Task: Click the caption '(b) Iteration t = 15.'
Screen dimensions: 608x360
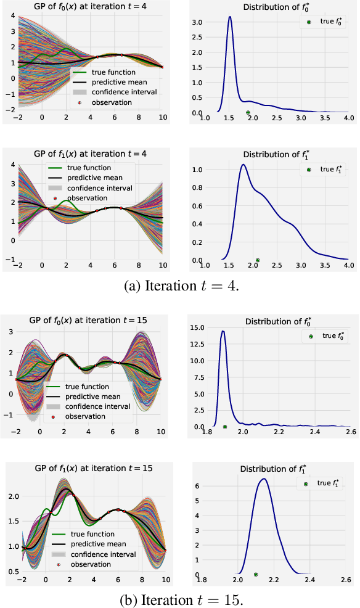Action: [x=180, y=599]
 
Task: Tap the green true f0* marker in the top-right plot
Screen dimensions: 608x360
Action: [x=248, y=112]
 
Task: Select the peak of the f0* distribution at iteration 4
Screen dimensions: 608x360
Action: [x=230, y=17]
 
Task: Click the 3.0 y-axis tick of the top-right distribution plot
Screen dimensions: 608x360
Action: [x=196, y=22]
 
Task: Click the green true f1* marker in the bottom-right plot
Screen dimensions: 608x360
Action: [x=256, y=573]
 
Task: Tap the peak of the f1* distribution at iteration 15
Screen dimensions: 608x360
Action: [x=264, y=479]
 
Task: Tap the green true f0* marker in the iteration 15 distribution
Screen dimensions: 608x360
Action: [x=225, y=426]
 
